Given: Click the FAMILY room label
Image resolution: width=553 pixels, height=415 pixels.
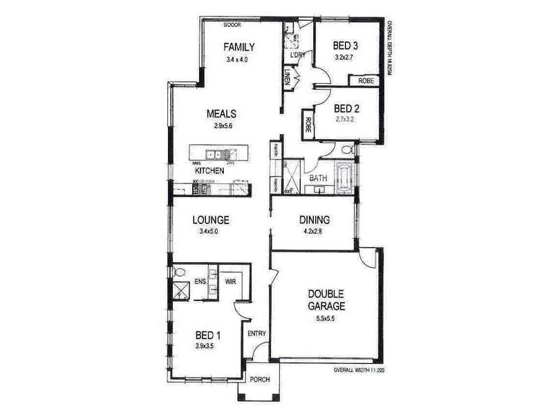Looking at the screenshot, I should point(239,47).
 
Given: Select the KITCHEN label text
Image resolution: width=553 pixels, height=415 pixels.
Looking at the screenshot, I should point(209,170).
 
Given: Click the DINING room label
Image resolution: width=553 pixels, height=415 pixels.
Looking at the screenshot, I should point(314,221).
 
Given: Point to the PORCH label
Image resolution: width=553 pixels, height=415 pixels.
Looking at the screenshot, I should point(259,379).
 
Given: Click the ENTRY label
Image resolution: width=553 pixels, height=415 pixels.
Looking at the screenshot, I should point(256,334).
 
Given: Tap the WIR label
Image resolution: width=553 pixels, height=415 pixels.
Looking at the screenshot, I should point(231,282).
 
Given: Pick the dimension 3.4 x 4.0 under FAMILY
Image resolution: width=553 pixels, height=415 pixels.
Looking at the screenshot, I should point(236,59).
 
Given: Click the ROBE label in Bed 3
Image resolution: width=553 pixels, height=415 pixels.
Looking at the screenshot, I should point(366,81).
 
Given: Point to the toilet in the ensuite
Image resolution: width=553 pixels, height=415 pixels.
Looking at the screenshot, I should point(179,272).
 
